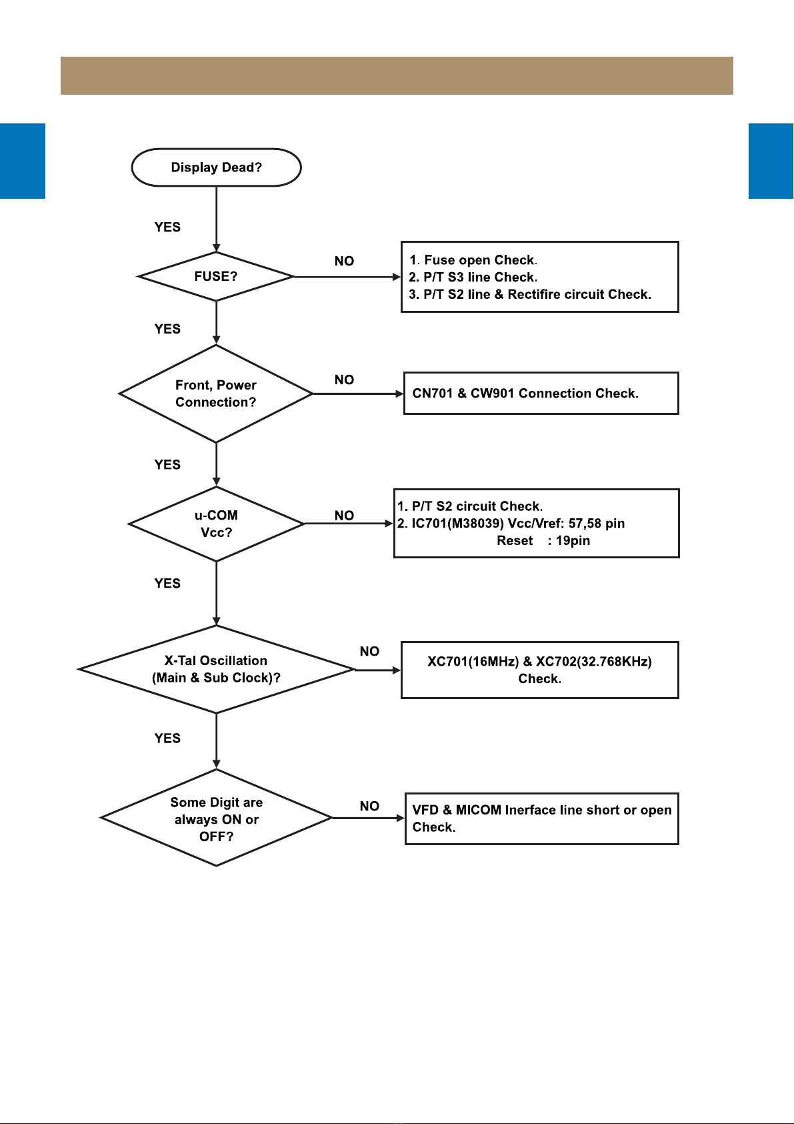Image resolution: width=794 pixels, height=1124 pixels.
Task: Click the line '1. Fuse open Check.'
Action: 473,260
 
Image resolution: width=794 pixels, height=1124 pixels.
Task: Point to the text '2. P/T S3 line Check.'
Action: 473,277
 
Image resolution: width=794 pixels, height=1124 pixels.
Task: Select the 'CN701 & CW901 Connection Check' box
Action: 541,394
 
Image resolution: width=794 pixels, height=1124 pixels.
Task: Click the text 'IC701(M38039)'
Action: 457,524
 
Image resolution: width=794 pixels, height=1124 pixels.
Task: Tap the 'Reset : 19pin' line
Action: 543,540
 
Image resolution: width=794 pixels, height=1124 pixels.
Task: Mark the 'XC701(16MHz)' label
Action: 473,661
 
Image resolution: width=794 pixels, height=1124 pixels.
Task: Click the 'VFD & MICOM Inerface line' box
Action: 542,818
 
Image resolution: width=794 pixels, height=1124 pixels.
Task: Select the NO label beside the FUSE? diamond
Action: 344,261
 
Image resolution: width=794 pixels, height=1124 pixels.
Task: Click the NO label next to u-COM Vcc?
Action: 344,516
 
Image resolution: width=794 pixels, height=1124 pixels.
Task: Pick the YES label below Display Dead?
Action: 167,227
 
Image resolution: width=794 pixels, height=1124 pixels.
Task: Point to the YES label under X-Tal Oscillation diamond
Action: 167,738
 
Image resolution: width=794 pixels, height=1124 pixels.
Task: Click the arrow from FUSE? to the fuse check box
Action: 347,276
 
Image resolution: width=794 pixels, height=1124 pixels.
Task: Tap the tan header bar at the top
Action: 397,76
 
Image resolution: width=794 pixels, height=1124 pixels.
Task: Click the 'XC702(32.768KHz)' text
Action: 594,661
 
